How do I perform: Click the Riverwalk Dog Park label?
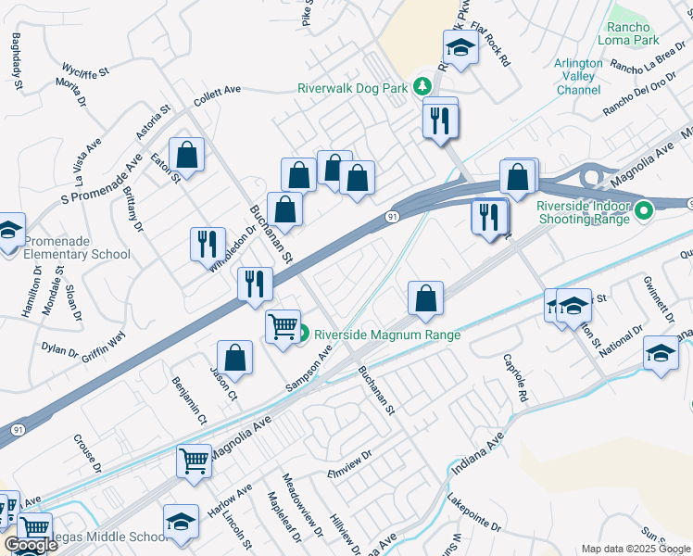pyautogui.click(x=353, y=89)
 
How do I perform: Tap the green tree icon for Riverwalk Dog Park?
pyautogui.click(x=422, y=86)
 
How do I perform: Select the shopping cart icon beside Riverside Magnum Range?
pyautogui.click(x=282, y=325)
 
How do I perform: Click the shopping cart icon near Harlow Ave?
pyautogui.click(x=194, y=460)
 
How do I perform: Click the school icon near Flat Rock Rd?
pyautogui.click(x=460, y=45)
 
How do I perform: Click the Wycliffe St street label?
pyautogui.click(x=85, y=69)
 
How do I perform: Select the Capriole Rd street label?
pyautogui.click(x=516, y=377)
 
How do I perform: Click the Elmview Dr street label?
pyautogui.click(x=348, y=463)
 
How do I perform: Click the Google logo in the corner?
pyautogui.click(x=30, y=546)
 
